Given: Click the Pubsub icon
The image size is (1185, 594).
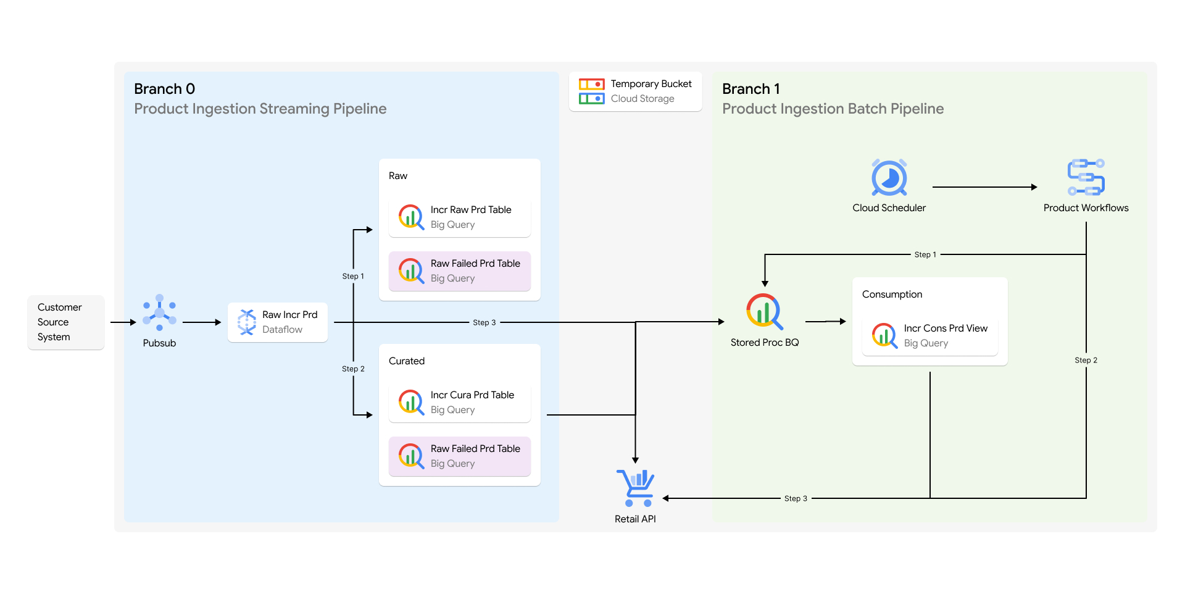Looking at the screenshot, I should pos(159,312).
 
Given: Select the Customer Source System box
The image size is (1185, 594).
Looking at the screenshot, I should pos(65,322).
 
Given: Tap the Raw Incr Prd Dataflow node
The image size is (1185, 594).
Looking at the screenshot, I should pos(278,322).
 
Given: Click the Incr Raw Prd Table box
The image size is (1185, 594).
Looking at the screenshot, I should pos(459,217).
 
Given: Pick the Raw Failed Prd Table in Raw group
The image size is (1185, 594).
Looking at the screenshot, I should pos(459,271).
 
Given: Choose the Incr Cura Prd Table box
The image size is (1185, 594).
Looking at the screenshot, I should pos(459,403).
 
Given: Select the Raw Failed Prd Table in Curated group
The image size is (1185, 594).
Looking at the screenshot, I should pos(459,456).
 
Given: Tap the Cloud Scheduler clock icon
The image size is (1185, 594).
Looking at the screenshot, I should pos(889,178).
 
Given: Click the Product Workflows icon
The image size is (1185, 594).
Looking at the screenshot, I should pos(1086,178).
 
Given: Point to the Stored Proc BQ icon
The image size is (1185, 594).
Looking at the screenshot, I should pos(764,312).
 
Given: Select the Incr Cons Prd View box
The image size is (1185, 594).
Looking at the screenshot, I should pos(929,336).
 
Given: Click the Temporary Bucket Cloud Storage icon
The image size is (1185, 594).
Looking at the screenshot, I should pos(591,91).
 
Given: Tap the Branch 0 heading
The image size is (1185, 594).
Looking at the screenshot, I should pos(164,89).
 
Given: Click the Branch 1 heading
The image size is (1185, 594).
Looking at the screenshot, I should pos(750,89).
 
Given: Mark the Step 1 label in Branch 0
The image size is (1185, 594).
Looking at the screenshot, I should pos(353,276).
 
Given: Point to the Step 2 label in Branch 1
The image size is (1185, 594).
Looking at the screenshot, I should pos(1086,360).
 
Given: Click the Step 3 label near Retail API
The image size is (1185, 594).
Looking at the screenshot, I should pos(796,498).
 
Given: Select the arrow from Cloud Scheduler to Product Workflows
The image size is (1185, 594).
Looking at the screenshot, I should pos(984,187).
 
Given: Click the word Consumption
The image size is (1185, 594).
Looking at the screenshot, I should pos(892,295).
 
